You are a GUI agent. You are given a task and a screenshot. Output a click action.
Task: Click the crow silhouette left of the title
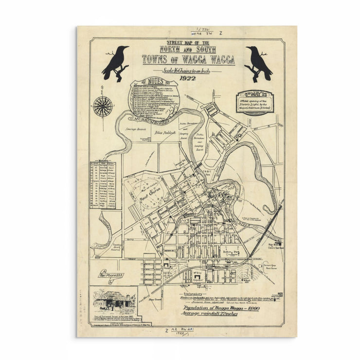pyautogui.click(x=115, y=63)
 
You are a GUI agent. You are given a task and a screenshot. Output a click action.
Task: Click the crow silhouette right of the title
pyautogui.click(x=258, y=63)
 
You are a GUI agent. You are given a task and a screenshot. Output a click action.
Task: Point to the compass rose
pyautogui.click(x=102, y=106)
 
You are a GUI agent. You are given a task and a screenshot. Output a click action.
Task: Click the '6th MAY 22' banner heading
pyautogui.click(x=254, y=94)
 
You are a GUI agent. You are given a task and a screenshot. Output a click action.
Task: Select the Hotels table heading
pyautogui.click(x=104, y=161)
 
